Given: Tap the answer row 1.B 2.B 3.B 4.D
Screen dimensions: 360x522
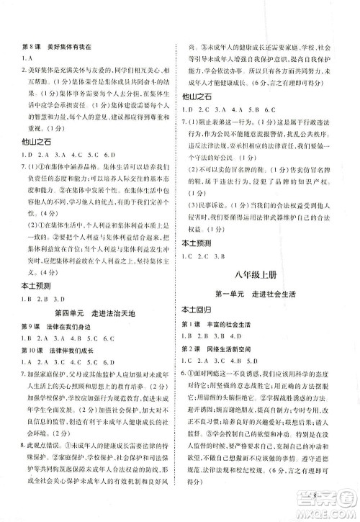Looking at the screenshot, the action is [x=215, y=336].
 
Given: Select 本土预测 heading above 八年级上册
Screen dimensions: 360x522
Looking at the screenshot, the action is [x=196, y=243].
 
